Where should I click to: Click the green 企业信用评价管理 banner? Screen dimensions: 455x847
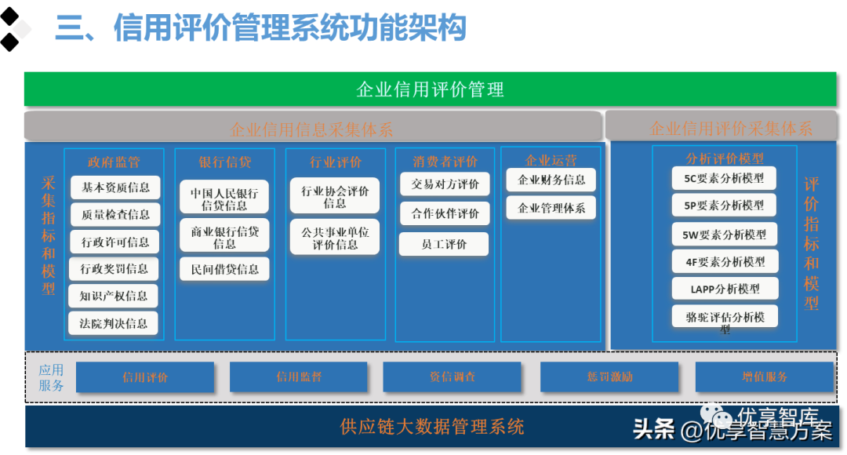[x=430, y=89]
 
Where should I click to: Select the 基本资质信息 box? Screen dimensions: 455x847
[x=115, y=187]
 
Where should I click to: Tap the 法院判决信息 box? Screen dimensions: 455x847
[x=113, y=322]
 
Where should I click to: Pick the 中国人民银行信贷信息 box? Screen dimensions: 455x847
[x=224, y=198]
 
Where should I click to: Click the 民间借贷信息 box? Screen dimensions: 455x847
[x=224, y=269]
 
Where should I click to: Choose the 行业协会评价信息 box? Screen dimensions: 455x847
[x=335, y=196]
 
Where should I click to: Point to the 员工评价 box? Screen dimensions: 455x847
[x=444, y=244]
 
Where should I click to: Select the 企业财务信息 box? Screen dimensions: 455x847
[x=551, y=180]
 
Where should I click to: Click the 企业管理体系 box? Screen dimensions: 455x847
[x=551, y=208]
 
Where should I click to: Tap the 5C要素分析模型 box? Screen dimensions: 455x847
[x=724, y=178]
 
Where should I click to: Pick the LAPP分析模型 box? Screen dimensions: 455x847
[x=725, y=289]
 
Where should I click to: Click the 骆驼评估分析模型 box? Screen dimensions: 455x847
[x=725, y=318]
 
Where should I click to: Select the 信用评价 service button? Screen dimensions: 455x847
[x=145, y=377]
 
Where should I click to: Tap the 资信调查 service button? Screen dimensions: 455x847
[x=452, y=377]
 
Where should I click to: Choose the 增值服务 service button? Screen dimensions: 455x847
[x=764, y=377]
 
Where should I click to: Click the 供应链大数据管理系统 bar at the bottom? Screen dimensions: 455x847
[x=431, y=427]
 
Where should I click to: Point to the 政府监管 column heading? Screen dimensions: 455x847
[x=114, y=162]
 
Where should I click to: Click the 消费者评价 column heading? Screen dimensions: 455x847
[x=445, y=162]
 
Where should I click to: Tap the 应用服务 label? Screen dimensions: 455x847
[x=52, y=377]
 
